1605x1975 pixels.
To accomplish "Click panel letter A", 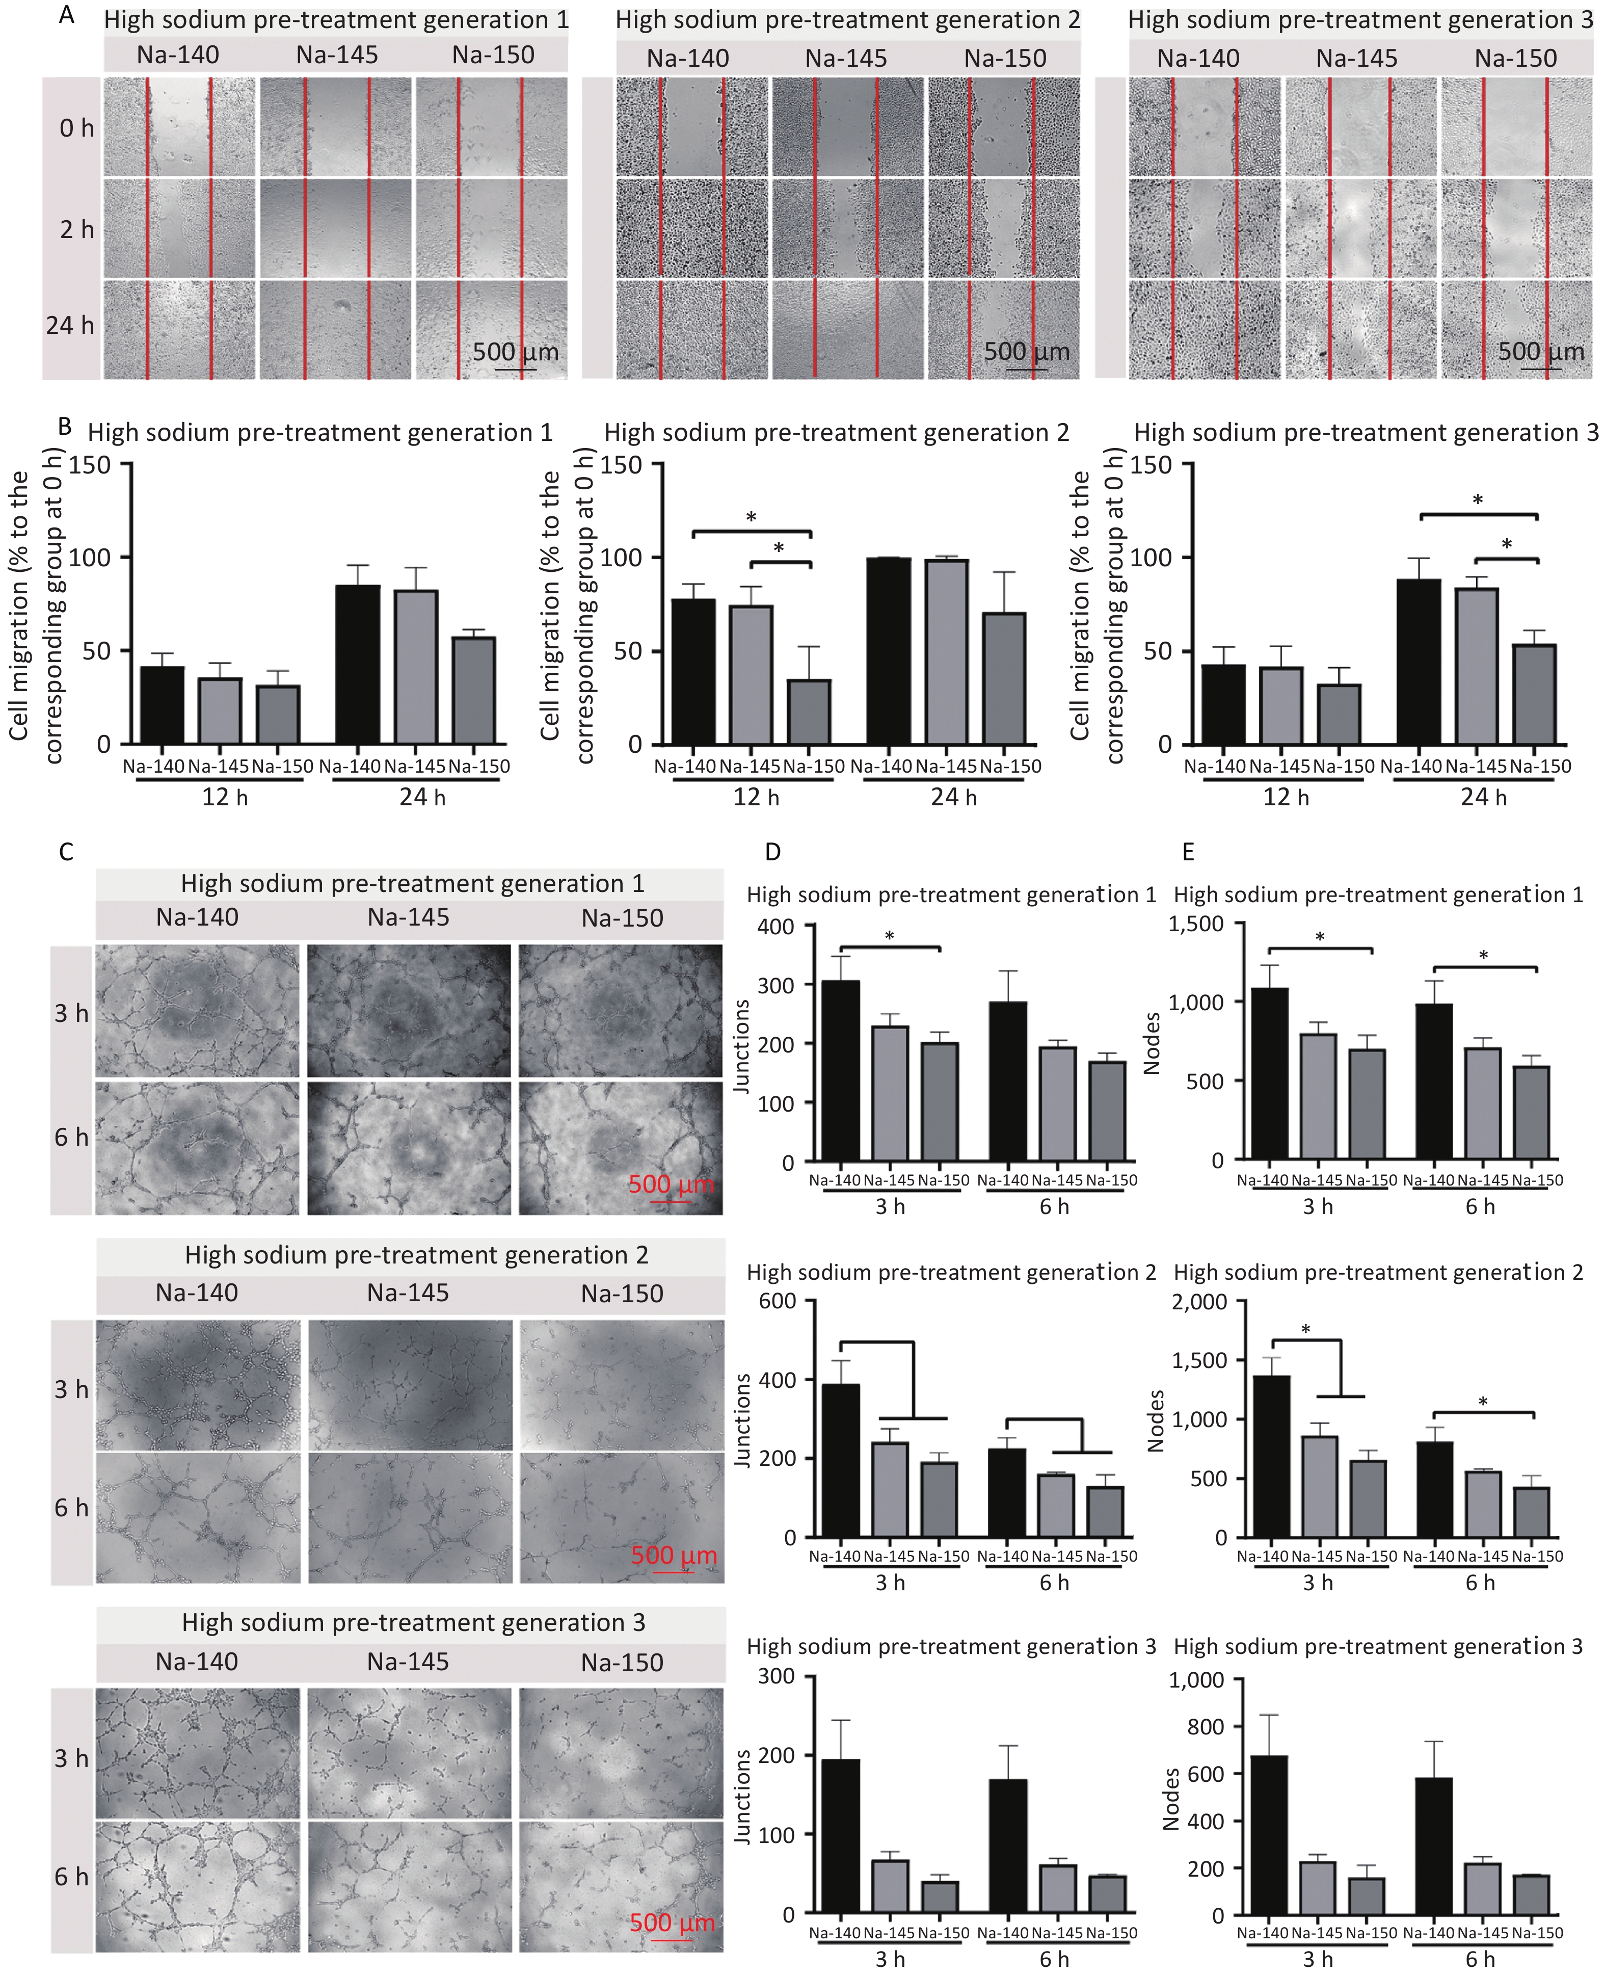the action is pyautogui.click(x=66, y=15).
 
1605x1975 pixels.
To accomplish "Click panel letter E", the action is pyautogui.click(x=1188, y=852).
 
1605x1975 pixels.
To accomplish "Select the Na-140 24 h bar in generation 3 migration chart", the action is pyautogui.click(x=1418, y=661).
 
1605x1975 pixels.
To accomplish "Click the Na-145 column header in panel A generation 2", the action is pyautogui.click(x=846, y=58).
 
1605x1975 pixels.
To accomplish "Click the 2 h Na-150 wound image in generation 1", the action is pyautogui.click(x=491, y=227).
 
